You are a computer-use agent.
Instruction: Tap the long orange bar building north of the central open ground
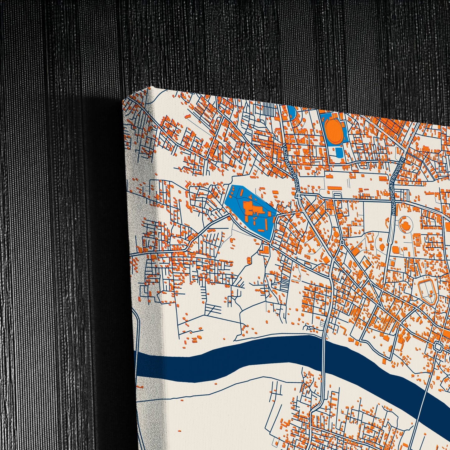[x=334, y=188]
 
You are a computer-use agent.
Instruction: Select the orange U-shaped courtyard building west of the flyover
[x=370, y=238]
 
